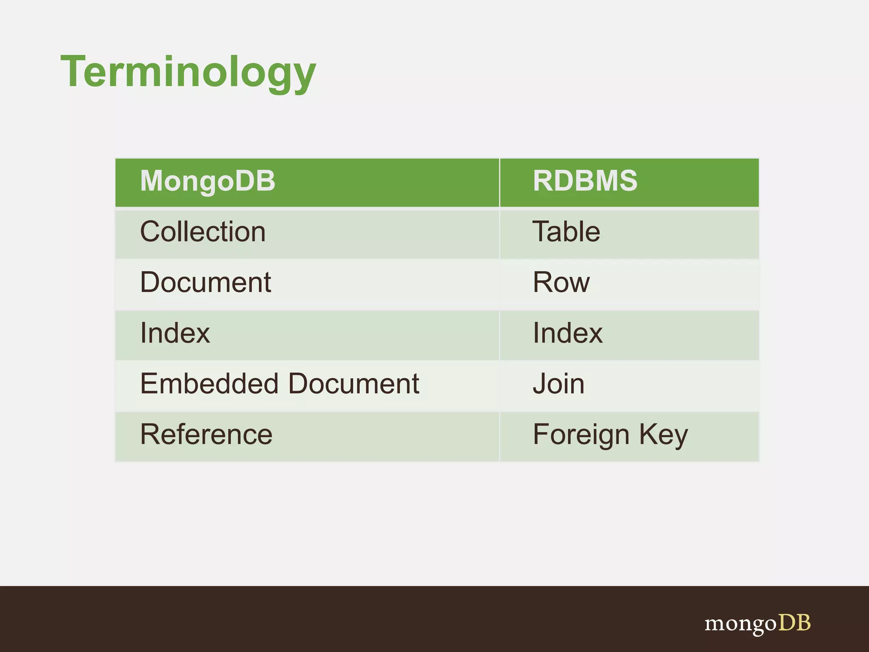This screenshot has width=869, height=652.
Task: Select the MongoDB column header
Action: click(207, 181)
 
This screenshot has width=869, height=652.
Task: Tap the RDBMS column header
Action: click(585, 181)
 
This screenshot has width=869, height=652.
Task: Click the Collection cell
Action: click(203, 232)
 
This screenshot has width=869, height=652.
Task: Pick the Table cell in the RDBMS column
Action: click(566, 232)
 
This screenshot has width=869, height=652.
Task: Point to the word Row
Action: click(561, 283)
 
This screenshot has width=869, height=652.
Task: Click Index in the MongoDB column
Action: click(175, 333)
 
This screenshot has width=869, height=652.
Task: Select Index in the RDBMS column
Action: click(567, 333)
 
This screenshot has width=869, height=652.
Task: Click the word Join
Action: click(558, 384)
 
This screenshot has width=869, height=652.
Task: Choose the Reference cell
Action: click(206, 434)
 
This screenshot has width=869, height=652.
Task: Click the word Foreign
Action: click(581, 435)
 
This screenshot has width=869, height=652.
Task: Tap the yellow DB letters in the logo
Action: click(794, 623)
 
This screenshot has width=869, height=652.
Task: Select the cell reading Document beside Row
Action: click(205, 283)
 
